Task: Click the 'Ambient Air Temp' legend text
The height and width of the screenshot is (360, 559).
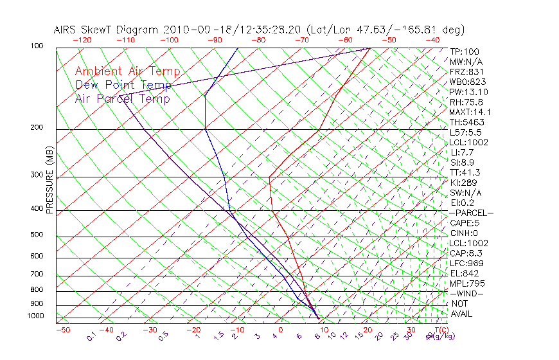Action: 127,71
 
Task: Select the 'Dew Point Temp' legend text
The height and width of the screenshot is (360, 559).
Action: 123,85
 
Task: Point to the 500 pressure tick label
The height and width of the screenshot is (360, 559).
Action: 37,235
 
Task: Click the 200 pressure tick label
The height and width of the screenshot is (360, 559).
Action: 37,128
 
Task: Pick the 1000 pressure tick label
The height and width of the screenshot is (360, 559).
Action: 35,316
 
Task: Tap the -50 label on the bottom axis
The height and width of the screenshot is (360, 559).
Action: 62,330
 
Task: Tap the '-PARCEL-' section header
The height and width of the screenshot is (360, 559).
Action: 471,213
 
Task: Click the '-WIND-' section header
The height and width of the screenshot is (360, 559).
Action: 467,293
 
